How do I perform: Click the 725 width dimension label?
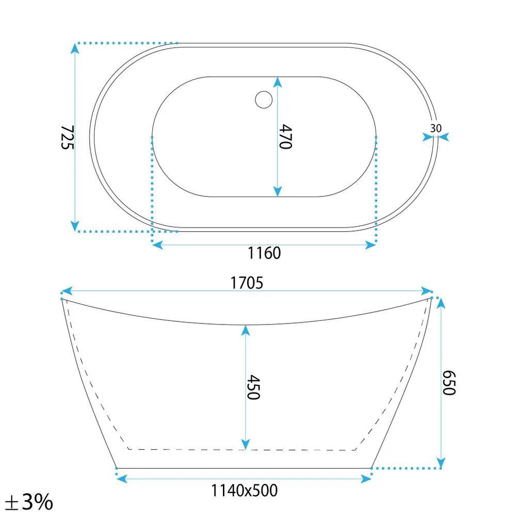pyautogui.click(x=68, y=137)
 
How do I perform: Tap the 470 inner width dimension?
pyautogui.click(x=285, y=137)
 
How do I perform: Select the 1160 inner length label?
pyautogui.click(x=264, y=253)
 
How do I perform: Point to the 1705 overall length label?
pyautogui.click(x=247, y=283)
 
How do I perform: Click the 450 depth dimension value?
pyautogui.click(x=253, y=387)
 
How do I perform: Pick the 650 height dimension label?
pyautogui.click(x=448, y=383)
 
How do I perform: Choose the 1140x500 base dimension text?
pyautogui.click(x=244, y=490)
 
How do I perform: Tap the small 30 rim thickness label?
pyautogui.click(x=436, y=128)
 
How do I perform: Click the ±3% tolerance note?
pyautogui.click(x=29, y=502)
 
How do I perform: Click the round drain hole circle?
pyautogui.click(x=264, y=100)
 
